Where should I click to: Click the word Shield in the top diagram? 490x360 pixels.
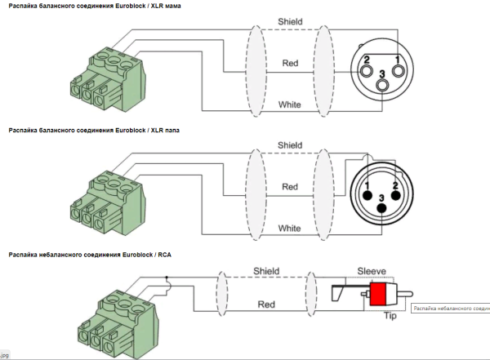289,20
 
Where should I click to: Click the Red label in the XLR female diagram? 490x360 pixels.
290,63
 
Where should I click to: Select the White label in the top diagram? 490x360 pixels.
290,104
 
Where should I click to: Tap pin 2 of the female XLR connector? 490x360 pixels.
368,60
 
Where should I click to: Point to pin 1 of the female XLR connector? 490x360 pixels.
396,60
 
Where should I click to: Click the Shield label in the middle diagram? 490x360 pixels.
290,144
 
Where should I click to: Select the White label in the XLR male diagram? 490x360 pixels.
290,229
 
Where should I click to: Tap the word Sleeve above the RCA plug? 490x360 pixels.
376,269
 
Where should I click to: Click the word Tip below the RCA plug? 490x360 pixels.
390,315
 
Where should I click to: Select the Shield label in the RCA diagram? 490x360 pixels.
266,270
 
